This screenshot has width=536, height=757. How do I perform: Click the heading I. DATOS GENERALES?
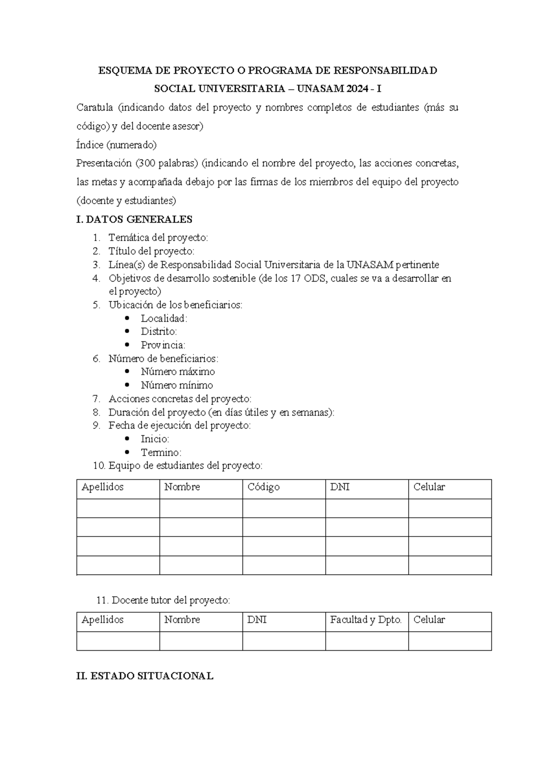(x=134, y=219)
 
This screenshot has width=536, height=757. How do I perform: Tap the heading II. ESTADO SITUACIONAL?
(x=145, y=676)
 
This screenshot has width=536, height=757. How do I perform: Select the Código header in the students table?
(x=264, y=487)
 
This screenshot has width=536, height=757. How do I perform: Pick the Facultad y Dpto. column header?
(x=366, y=620)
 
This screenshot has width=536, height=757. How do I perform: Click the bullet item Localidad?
(x=164, y=318)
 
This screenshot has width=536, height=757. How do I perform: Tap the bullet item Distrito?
(x=159, y=331)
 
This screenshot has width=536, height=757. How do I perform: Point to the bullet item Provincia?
(x=163, y=345)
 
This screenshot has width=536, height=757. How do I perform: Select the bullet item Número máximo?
(x=178, y=371)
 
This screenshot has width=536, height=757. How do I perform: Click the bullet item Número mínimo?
(x=177, y=385)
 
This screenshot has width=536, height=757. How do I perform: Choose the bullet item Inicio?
(x=155, y=439)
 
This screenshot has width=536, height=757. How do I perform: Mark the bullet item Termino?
(x=161, y=452)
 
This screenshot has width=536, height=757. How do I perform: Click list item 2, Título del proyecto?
(x=151, y=251)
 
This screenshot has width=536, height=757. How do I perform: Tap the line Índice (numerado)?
(x=117, y=145)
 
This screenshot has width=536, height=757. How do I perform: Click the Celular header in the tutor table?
(x=429, y=620)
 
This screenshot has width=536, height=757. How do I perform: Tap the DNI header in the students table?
(x=339, y=487)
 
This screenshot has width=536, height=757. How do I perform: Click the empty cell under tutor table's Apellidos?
(x=118, y=641)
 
